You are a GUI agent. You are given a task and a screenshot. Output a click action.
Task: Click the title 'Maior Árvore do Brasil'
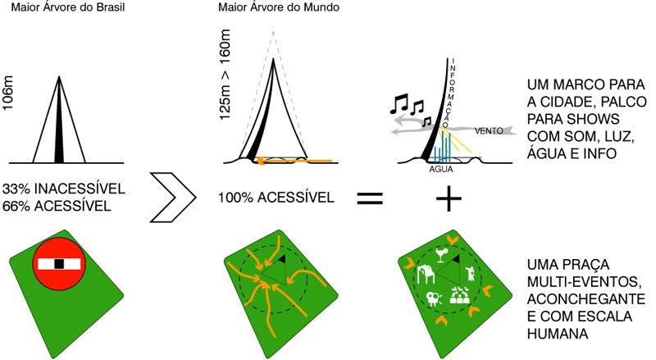[68, 7]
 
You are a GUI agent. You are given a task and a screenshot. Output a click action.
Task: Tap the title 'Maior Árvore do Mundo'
[279, 7]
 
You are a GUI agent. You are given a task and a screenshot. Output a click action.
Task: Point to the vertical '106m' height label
[8, 93]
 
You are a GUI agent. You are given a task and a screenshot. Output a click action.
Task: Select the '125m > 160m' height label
[225, 75]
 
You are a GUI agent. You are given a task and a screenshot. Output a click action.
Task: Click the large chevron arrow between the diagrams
[173, 197]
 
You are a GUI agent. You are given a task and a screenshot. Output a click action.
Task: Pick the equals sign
[370, 198]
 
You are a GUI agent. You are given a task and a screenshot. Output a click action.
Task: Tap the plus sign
[449, 198]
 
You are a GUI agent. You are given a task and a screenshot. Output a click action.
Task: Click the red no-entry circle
[59, 264]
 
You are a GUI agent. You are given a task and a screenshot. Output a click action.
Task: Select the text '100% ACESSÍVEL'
[276, 198]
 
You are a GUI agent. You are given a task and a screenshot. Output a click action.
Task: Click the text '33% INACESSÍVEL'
[64, 189]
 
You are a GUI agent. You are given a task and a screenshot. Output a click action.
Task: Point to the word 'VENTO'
[489, 131]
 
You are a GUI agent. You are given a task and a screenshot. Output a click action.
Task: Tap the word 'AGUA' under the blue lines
[441, 169]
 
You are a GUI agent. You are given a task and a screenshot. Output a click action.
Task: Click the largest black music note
[399, 104]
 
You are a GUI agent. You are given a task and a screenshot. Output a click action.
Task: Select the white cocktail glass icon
[441, 255]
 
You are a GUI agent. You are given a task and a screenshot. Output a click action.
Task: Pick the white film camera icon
[434, 298]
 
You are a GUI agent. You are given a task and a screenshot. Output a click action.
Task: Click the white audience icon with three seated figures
[460, 295]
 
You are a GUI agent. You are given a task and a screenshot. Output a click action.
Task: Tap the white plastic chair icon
[425, 274]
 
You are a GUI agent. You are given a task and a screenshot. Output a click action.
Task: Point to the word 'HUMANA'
[558, 334]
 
